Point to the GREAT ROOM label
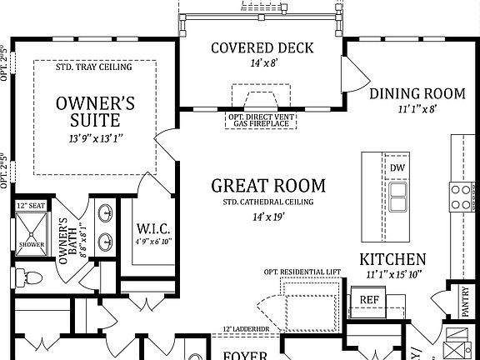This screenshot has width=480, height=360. (267, 185)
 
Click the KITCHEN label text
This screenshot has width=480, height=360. (392, 259)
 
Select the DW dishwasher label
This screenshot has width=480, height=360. (397, 167)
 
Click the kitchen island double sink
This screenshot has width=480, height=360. (397, 198)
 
